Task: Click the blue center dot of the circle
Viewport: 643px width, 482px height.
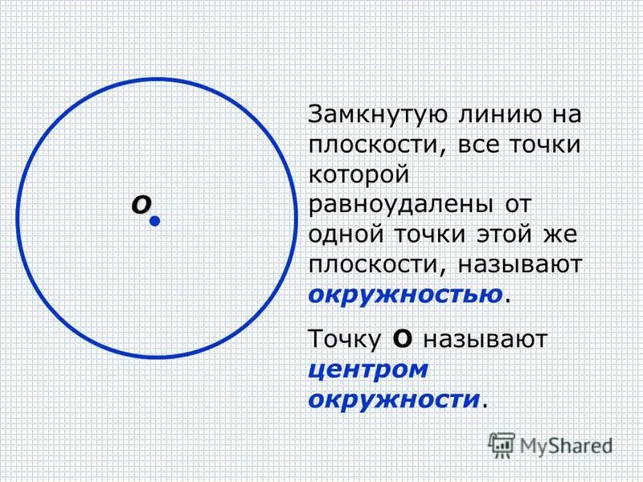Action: tap(155, 219)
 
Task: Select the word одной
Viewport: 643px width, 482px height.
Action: tap(347, 234)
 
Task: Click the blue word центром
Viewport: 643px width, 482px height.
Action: tap(367, 369)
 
